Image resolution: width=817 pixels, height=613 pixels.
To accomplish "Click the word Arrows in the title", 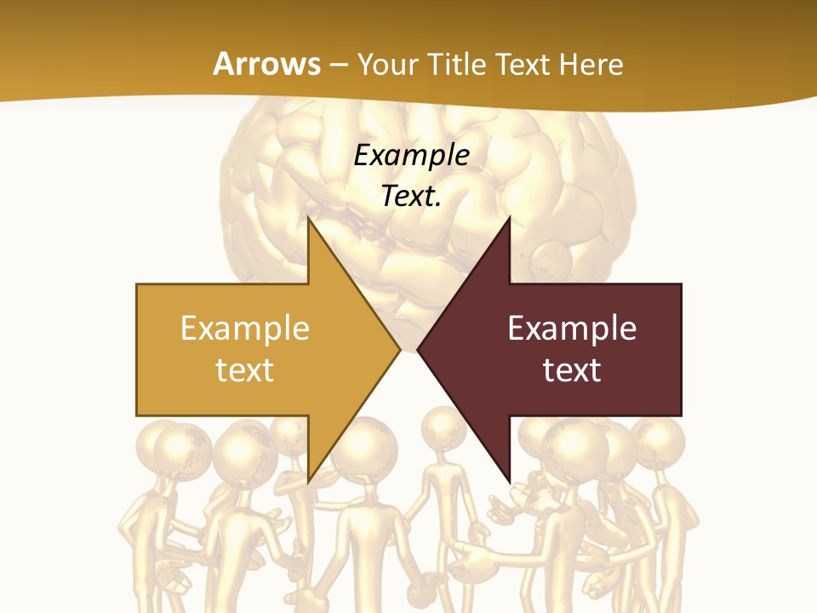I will [266, 64].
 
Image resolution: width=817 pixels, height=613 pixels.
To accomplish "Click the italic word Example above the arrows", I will [412, 155].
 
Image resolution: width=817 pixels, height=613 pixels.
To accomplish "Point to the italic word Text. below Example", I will [412, 196].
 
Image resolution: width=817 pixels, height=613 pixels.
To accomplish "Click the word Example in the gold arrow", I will [245, 328].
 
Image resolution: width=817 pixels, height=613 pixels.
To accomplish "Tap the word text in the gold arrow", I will [245, 370].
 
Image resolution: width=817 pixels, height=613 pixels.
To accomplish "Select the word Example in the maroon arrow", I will [572, 328].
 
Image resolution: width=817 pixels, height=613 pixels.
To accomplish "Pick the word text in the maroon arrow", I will [572, 370].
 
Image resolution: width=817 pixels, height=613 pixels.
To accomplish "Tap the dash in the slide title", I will [338, 66].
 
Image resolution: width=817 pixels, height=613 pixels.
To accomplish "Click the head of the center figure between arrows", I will [443, 426].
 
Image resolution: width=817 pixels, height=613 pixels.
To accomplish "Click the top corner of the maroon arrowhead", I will [509, 218].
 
